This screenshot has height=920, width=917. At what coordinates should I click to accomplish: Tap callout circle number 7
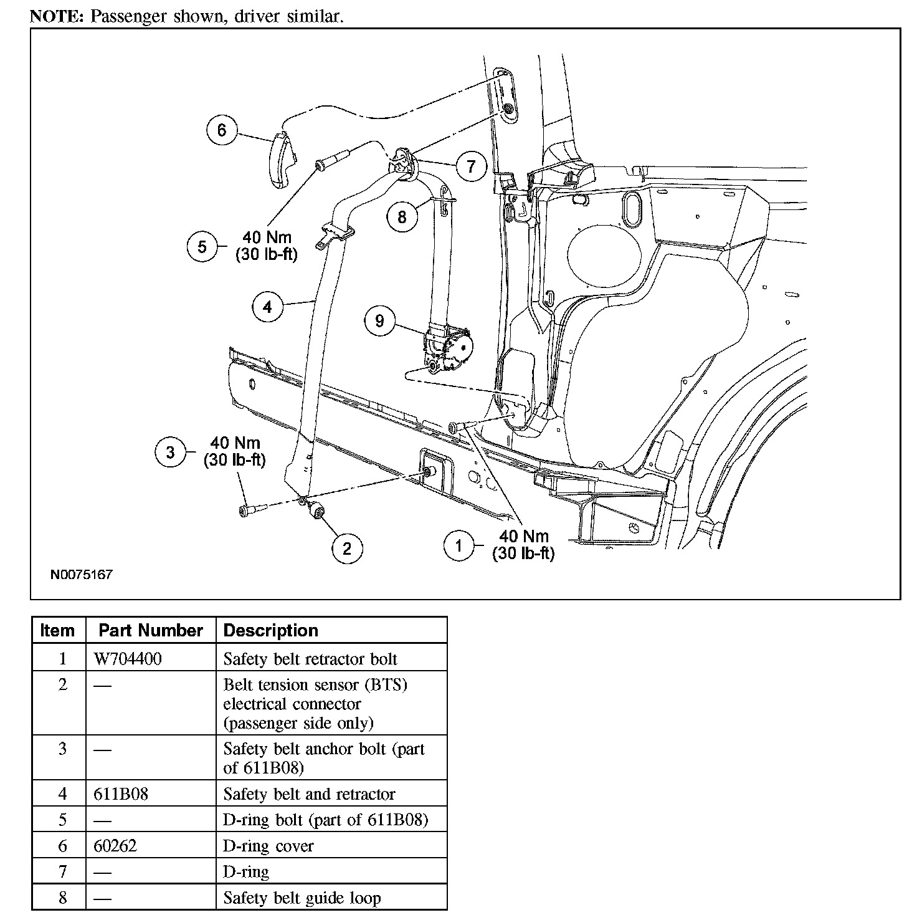point(471,166)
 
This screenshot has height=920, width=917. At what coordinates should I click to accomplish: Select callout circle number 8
point(402,216)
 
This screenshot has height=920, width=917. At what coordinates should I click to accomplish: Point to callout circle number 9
point(379,321)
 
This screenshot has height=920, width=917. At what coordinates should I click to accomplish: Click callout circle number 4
point(268,307)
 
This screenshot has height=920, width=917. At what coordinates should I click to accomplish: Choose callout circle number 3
point(171,451)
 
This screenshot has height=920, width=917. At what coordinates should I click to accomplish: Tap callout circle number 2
point(346,548)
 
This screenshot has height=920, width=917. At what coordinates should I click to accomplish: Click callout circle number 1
point(459,545)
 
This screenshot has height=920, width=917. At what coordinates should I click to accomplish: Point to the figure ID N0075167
point(82,574)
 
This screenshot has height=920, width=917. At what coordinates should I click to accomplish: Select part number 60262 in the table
point(115,846)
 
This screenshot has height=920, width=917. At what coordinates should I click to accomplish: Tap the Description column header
point(270,630)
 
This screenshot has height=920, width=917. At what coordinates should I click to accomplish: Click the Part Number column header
point(151,630)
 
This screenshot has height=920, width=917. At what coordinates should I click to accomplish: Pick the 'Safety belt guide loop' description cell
point(302,898)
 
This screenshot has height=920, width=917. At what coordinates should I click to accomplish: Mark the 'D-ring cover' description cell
point(268,846)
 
